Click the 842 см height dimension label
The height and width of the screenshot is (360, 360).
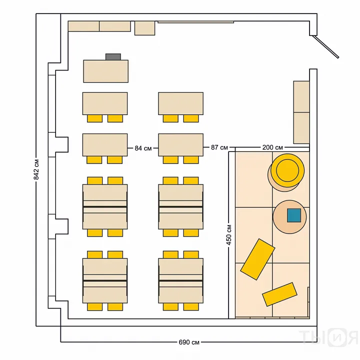36,169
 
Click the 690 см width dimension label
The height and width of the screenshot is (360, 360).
189,342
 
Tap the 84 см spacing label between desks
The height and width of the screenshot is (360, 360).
143,148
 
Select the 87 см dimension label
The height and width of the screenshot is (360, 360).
219,147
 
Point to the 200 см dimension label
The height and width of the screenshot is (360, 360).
272,147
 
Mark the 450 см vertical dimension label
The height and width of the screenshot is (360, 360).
229,235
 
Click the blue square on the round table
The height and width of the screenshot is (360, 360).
294,215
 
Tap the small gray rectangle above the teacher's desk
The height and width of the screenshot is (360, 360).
113,57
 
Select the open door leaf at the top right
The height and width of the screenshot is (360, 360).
326,47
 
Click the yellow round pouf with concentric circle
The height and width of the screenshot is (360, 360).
287,170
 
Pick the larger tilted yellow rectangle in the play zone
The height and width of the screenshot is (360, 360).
257,259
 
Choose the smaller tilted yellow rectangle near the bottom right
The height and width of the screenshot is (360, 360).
279,294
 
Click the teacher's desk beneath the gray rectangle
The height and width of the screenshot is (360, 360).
105,71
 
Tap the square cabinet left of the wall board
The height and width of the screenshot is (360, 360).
144,28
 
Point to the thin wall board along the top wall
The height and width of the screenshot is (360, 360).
196,22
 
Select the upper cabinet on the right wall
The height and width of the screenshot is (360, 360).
301,96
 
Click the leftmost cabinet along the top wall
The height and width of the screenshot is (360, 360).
83,26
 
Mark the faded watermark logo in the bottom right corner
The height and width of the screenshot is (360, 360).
329,337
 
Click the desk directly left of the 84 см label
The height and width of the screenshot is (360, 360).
105,145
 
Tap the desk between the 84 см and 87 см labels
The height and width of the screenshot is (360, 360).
180,145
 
